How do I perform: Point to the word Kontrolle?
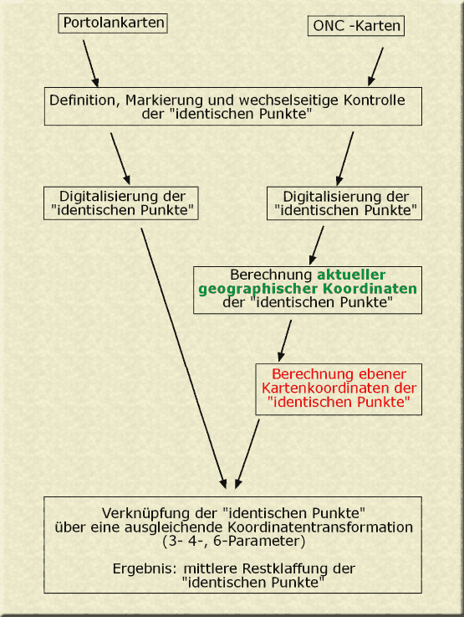point(374,100)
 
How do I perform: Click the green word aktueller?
point(351,275)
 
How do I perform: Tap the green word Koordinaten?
point(370,289)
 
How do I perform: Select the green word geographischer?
point(258,289)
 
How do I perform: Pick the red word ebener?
point(371,374)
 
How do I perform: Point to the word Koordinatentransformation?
point(320,527)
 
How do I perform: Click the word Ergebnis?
point(144,569)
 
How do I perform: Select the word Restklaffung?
point(285,568)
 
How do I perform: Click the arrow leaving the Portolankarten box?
point(91,64)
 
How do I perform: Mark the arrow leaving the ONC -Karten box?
point(375,66)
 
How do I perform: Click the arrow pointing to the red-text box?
point(284,341)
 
